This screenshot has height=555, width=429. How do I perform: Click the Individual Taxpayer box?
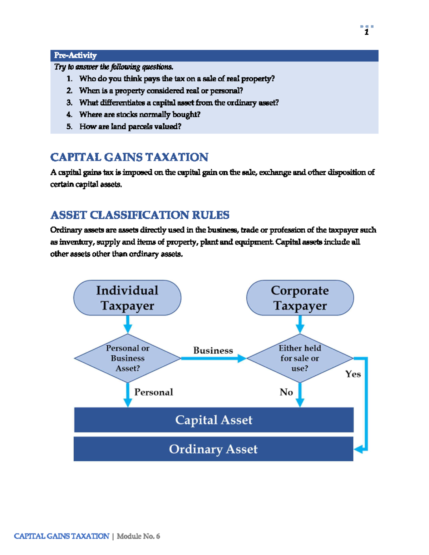point(127,298)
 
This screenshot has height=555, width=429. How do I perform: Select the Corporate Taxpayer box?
point(300,298)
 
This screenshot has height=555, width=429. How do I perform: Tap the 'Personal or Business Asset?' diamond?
point(128,358)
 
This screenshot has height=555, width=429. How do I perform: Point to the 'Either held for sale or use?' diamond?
point(300,358)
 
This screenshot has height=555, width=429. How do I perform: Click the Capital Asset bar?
point(214,420)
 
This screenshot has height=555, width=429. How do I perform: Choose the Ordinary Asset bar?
point(213,449)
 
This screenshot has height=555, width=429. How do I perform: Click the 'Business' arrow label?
point(213,351)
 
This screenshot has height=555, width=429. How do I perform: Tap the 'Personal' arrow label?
point(153,392)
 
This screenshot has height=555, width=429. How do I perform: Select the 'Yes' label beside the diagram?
point(353,374)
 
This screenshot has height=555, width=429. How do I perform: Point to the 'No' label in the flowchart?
point(286,392)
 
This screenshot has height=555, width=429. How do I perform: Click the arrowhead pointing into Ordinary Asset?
point(359,449)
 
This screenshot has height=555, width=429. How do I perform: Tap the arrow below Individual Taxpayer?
point(128,324)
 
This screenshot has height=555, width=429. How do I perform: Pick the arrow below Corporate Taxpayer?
point(300,324)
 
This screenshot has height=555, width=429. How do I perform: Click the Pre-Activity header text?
point(75,55)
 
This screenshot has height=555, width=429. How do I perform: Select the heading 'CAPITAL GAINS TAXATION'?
point(129,157)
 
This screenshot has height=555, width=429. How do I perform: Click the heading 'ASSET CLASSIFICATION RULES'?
point(140,215)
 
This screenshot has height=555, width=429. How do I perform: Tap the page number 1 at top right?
point(366,33)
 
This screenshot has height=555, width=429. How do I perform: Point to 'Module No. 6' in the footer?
point(138,536)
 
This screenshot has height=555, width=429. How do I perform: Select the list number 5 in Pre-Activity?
point(69,127)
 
